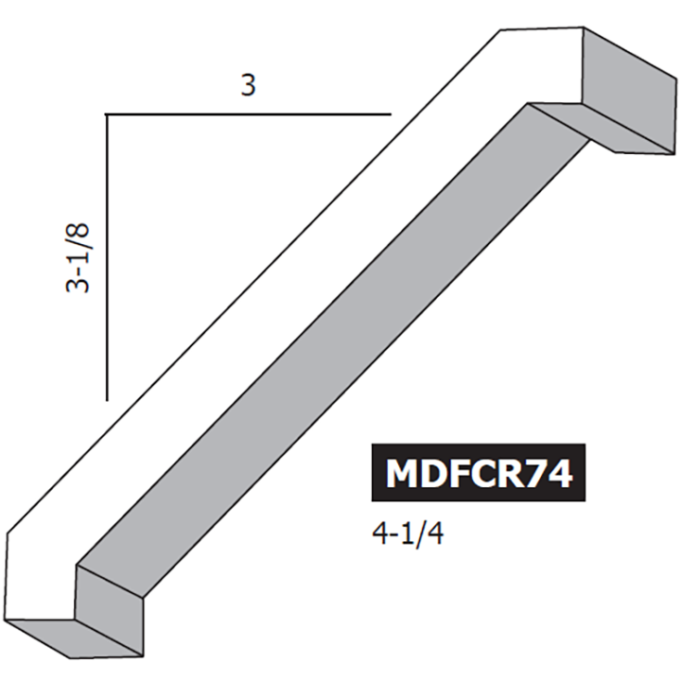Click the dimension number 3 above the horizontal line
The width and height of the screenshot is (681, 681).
248,86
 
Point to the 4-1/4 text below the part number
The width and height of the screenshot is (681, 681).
409,534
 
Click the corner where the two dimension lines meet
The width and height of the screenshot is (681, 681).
106,114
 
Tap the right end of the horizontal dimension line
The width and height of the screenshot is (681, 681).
391,114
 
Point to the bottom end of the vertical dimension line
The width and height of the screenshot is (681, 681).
106,399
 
